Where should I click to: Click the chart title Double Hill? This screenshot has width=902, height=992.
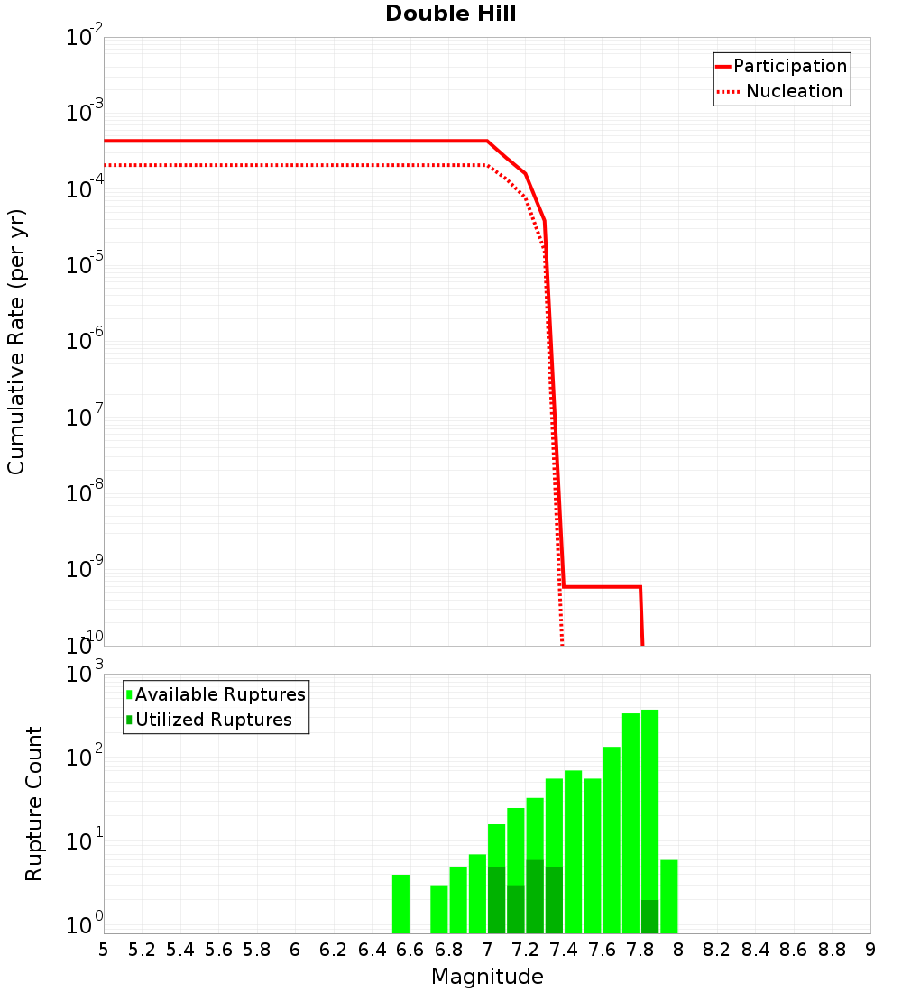coord(450,14)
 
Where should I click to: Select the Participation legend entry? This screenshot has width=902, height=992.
coord(789,67)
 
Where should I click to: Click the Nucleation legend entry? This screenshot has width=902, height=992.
coord(793,92)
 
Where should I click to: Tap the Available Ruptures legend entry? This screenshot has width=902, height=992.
coord(219,695)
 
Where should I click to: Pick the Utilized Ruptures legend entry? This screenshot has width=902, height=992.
coord(213,721)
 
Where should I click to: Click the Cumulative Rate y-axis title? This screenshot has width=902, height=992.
coord(16,341)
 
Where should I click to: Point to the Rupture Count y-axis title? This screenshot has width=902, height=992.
coord(34,804)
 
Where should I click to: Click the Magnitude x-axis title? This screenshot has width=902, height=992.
coord(487,977)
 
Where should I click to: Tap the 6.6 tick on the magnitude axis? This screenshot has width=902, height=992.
coord(410,950)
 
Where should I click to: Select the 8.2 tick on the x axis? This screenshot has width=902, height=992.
coord(717,950)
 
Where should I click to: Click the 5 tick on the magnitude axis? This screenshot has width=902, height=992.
coord(104,950)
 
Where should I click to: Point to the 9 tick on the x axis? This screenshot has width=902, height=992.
coord(870,950)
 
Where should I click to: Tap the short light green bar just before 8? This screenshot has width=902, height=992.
coord(668,896)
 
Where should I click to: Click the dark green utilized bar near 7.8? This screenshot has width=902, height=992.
coord(649,916)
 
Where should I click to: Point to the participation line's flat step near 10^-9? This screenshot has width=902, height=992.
coord(602,587)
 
